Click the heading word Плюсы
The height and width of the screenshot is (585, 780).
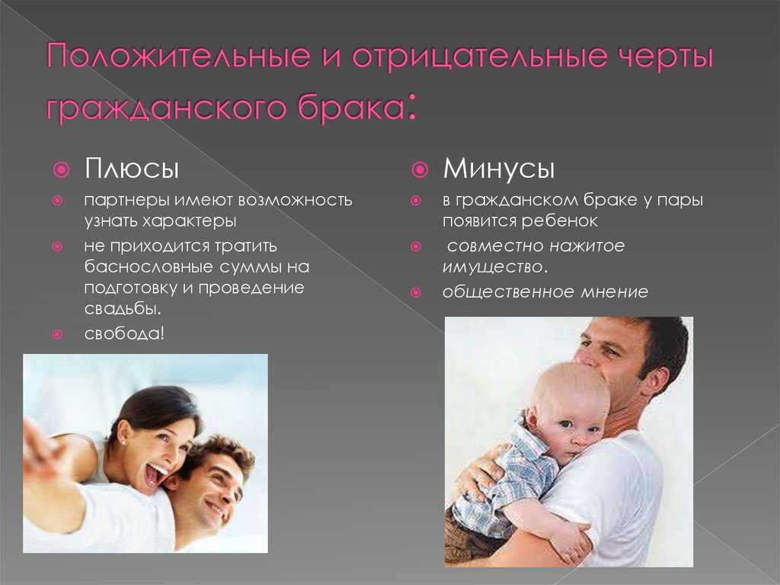(x=132, y=169)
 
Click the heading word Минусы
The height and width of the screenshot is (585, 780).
(x=498, y=169)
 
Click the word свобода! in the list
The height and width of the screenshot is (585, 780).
(x=124, y=333)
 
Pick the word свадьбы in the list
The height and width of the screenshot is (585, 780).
(x=123, y=308)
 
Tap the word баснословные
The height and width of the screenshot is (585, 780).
(x=149, y=267)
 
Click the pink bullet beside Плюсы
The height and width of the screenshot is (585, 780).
(x=61, y=170)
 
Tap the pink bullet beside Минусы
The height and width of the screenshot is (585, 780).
(x=420, y=170)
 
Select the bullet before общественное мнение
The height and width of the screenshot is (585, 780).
(x=416, y=293)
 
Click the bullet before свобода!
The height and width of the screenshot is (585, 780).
(x=57, y=334)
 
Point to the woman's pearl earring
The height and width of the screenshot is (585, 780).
(x=123, y=442)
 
